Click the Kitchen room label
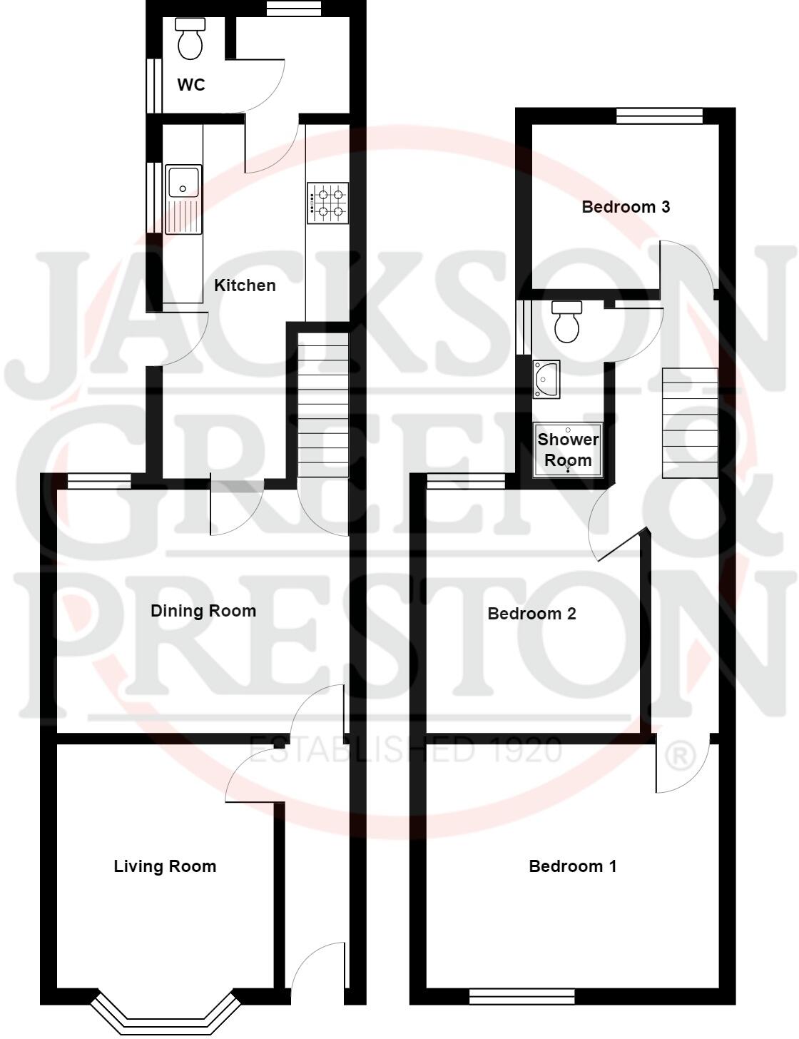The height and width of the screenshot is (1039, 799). pos(245,285)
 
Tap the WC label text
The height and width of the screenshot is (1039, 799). pos(191,85)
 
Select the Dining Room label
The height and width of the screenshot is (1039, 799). pos(203,611)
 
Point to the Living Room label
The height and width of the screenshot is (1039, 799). pos(165,866)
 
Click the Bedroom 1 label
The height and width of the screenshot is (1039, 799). pos(573,866)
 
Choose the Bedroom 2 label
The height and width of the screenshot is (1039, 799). pos(531,614)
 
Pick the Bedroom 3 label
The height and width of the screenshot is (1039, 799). pos(626,207)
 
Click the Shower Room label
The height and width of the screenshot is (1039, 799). pos(568,450)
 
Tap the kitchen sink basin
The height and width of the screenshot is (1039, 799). pos(183,181)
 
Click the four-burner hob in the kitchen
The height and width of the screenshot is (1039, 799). pos(328,202)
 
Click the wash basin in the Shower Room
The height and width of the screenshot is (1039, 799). pos(546,378)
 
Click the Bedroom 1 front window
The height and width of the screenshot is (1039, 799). pos(521,995)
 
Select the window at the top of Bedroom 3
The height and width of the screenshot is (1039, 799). pos(659,116)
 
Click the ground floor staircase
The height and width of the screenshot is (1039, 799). pos(322,403)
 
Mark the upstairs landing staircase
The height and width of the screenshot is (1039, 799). pos(690,422)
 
